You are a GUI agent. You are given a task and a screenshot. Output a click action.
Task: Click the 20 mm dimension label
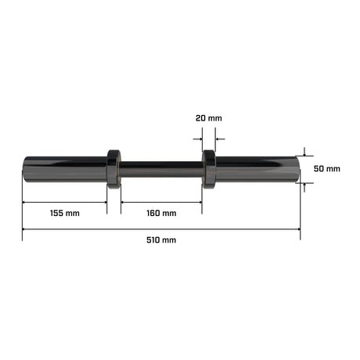click(x=209, y=118)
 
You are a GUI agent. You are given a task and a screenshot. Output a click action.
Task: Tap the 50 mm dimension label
click(x=327, y=169)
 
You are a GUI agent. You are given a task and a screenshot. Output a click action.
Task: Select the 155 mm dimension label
click(x=65, y=213)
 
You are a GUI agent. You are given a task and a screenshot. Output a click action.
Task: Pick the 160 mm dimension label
click(x=161, y=213)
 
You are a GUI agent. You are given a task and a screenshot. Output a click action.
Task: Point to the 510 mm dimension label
click(x=161, y=240)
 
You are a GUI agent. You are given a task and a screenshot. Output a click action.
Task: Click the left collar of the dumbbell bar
click(x=113, y=169)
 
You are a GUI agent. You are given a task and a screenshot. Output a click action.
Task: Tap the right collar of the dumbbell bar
click(x=209, y=169)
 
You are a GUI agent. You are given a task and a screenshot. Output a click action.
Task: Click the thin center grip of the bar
click(x=161, y=169)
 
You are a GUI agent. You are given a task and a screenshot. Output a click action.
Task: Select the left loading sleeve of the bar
click(x=65, y=169)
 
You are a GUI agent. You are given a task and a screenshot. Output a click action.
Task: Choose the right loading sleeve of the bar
click(x=257, y=169)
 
